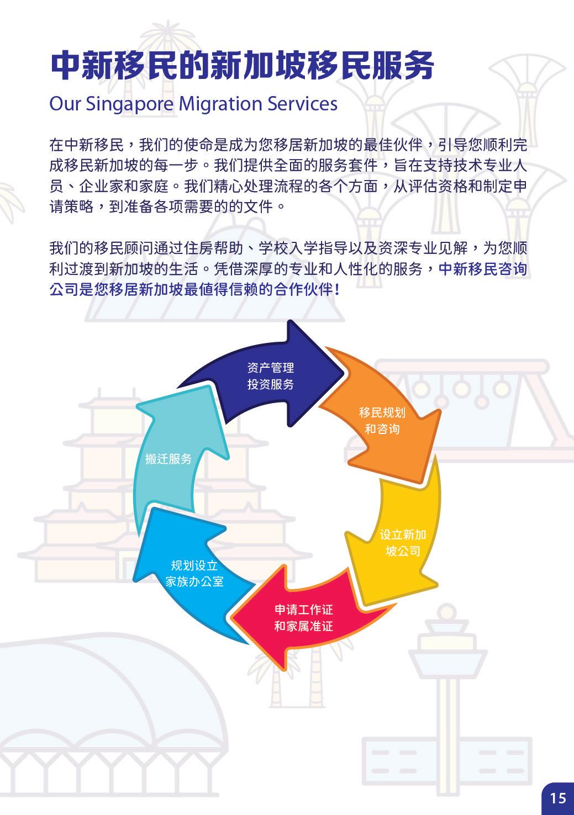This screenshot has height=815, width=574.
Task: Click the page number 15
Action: tap(558, 798)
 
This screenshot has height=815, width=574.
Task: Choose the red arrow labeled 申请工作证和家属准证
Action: tap(304, 618)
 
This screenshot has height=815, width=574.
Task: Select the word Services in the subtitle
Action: tap(302, 104)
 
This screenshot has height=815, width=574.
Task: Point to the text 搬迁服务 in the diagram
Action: tap(168, 459)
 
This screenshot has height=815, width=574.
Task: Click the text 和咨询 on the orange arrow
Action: tap(382, 429)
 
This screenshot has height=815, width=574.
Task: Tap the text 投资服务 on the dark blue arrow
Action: tap(270, 384)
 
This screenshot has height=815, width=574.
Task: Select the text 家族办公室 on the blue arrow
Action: tap(194, 581)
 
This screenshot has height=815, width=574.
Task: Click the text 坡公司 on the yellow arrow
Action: tap(403, 551)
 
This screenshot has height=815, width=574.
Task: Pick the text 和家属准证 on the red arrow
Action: tap(304, 627)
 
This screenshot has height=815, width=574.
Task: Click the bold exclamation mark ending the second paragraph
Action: tap(337, 290)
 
